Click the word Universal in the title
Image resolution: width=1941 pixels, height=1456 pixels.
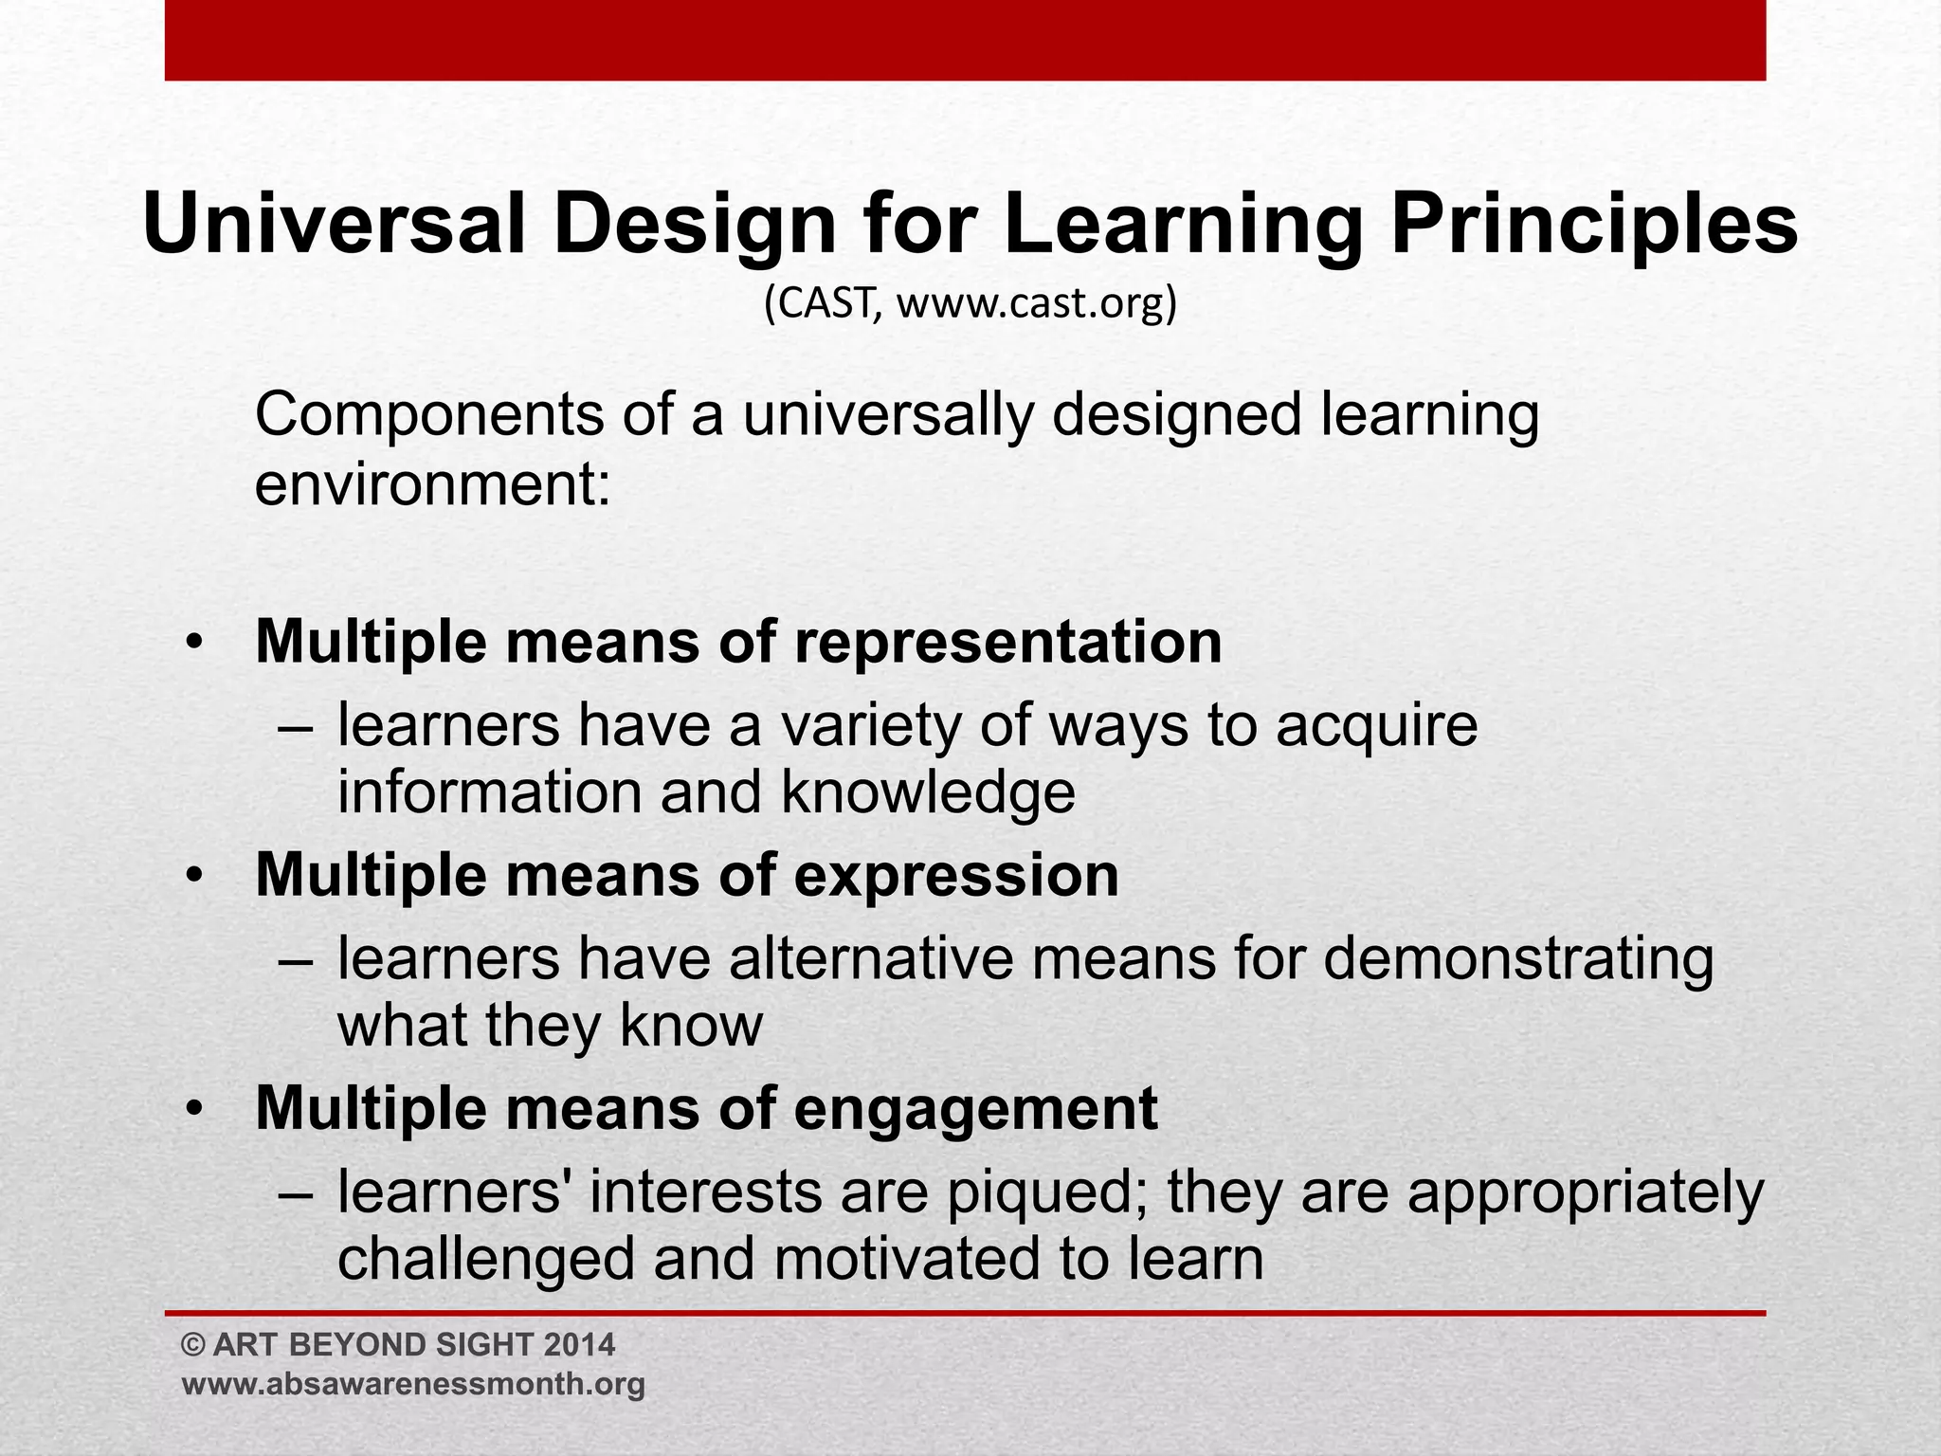[x=334, y=225]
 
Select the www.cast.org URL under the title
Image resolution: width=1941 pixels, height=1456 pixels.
[x=1037, y=304]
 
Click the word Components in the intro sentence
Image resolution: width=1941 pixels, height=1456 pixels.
[x=428, y=415]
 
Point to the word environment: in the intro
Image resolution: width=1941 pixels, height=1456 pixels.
[x=432, y=484]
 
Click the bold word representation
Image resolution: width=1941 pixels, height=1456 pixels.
[x=1007, y=642]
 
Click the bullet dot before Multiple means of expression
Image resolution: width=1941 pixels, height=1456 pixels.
[x=194, y=876]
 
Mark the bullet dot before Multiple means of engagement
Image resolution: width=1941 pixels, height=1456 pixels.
[x=194, y=1109]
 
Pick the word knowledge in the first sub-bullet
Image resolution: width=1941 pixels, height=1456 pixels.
[x=928, y=792]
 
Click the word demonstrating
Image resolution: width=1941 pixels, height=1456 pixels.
[x=1517, y=958]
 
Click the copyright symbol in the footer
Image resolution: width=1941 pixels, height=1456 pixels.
[x=193, y=1345]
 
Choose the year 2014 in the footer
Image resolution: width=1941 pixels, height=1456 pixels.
[x=580, y=1345]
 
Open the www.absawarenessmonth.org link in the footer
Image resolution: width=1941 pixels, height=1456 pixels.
[x=413, y=1384]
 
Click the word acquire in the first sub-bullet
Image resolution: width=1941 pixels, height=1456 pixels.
[x=1376, y=725]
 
